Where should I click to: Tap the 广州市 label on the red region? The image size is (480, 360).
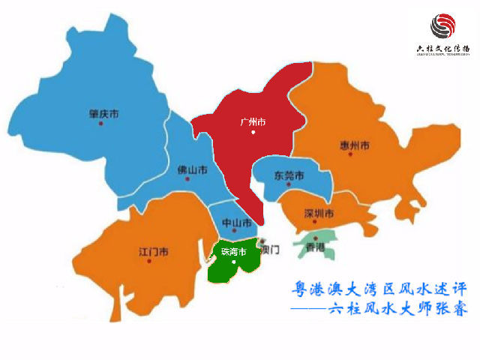pyautogui.click(x=253, y=121)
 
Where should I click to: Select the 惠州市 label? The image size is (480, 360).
pyautogui.click(x=354, y=145)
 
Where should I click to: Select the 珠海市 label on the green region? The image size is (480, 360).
pyautogui.click(x=232, y=252)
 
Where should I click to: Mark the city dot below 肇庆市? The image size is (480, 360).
pyautogui.click(x=100, y=123)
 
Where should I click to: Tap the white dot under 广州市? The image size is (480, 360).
pyautogui.click(x=253, y=132)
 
